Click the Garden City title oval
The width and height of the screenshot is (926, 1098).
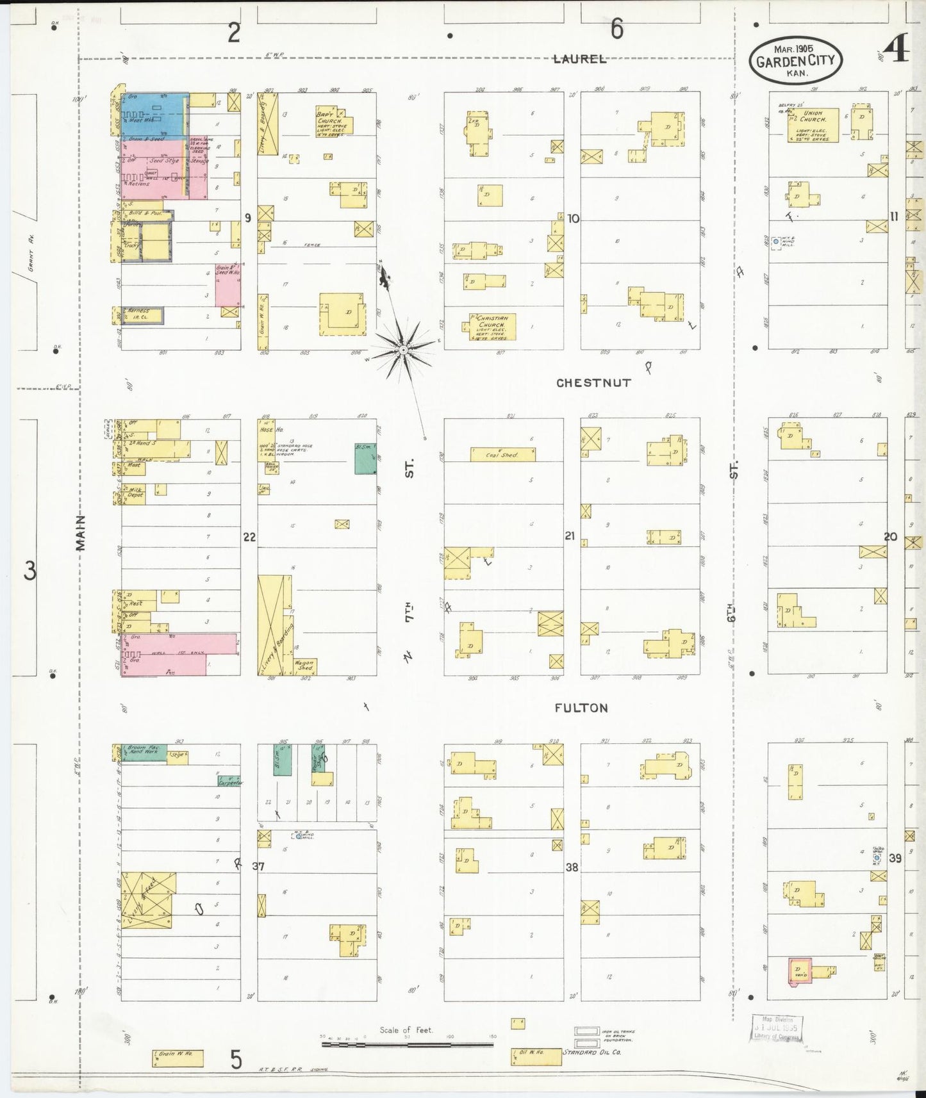(795, 59)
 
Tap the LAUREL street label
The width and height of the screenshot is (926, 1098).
(579, 59)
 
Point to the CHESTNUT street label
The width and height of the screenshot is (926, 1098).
(593, 382)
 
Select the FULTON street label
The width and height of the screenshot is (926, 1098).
(581, 708)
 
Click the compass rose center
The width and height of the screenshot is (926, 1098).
(402, 350)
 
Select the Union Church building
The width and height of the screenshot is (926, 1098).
(813, 125)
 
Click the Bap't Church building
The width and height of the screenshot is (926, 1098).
(333, 122)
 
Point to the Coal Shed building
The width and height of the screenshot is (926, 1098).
(502, 455)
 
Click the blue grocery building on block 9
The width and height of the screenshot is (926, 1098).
(154, 114)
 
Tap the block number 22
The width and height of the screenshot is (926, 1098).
(249, 537)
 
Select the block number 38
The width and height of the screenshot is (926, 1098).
(572, 867)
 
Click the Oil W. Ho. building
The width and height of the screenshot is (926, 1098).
(536, 1057)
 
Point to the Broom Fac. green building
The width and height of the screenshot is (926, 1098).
(144, 751)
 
